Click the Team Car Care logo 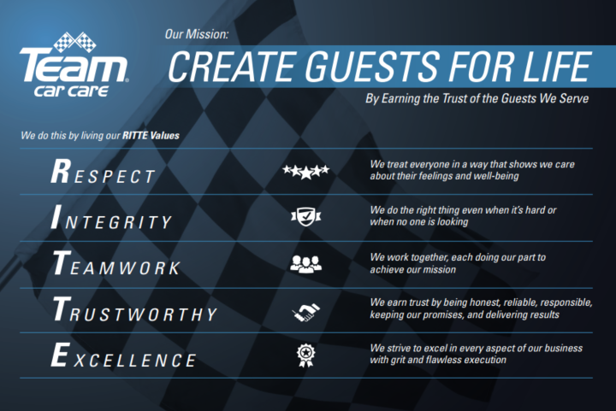coord(74,68)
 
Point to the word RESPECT coord(104,173)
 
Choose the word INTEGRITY coord(112,220)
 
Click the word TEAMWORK coord(116,266)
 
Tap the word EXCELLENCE coord(123,358)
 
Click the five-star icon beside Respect coord(305,172)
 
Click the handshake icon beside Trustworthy coord(305,311)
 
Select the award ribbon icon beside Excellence coord(305,355)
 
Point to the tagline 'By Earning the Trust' coord(477,98)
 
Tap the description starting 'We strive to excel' coord(476,355)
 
